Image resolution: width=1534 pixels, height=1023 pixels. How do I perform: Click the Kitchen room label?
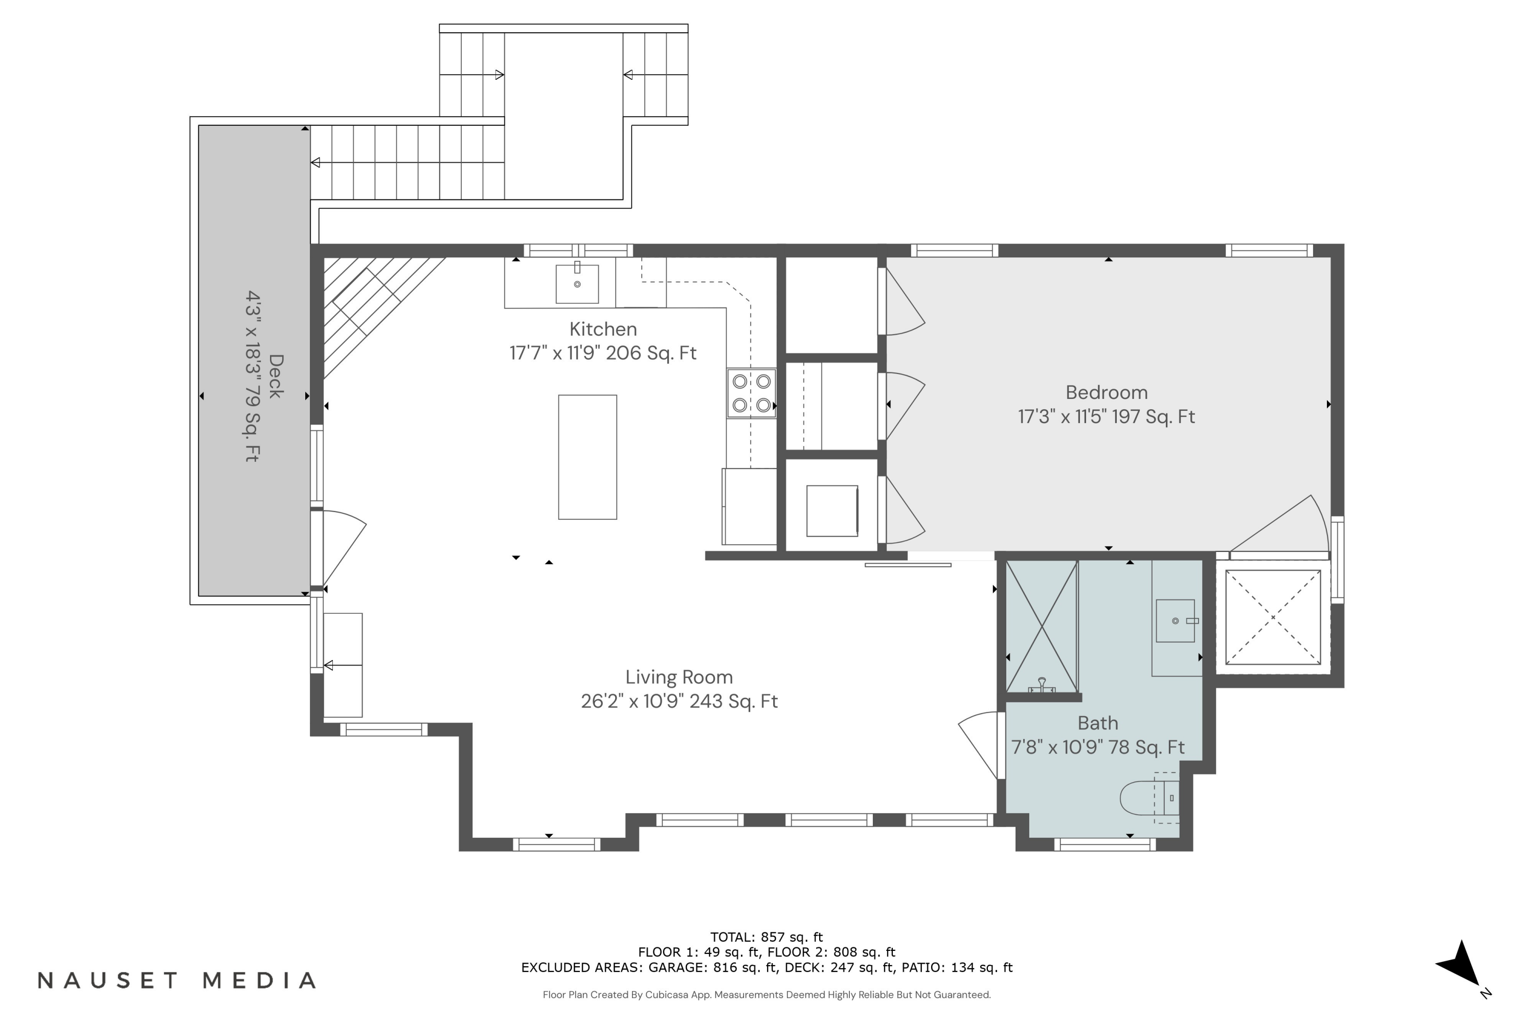click(603, 329)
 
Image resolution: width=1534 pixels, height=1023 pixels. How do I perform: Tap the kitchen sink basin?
click(577, 284)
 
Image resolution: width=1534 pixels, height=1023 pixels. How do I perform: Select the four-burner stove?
click(751, 393)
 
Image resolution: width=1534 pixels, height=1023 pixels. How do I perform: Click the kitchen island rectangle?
click(587, 457)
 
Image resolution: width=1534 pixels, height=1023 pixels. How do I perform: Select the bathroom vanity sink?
click(1175, 620)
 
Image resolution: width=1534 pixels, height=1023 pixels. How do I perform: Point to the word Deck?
click(276, 376)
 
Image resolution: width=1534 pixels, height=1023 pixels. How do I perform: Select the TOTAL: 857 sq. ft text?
click(766, 938)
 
